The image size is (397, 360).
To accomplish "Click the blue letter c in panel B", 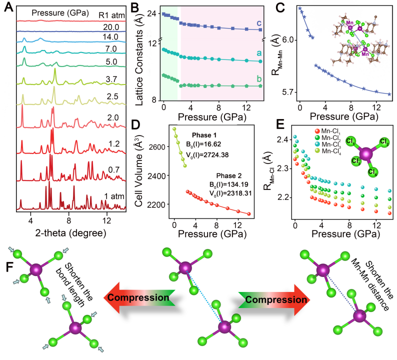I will click(x=258, y=23).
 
